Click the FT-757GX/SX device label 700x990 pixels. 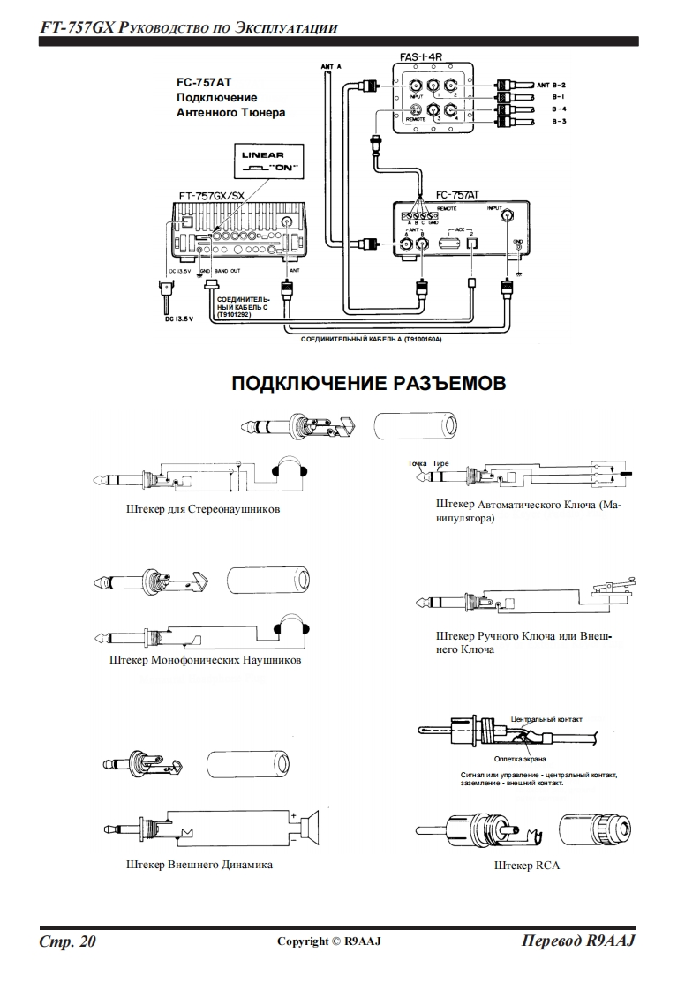pyautogui.click(x=214, y=195)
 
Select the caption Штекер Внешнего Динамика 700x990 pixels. pyautogui.click(x=199, y=865)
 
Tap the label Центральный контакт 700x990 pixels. pyautogui.click(x=546, y=719)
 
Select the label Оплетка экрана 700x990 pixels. pyautogui.click(x=520, y=759)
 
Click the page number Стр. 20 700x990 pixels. pyautogui.click(x=67, y=941)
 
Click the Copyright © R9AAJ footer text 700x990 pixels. pyautogui.click(x=328, y=942)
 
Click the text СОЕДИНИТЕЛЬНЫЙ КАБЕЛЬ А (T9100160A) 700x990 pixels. pyautogui.click(x=371, y=339)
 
